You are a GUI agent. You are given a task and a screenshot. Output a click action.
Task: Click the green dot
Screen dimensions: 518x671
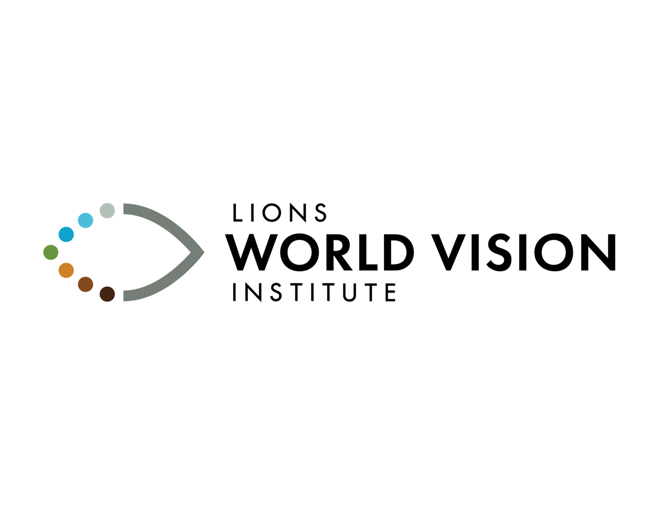click(51, 252)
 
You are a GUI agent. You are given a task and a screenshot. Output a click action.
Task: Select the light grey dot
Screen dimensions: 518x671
click(107, 210)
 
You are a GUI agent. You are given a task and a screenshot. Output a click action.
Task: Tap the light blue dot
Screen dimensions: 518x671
click(85, 220)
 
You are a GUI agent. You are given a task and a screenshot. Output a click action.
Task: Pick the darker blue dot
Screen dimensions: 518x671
click(66, 234)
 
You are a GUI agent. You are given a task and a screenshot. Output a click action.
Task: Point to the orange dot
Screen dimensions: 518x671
click(66, 270)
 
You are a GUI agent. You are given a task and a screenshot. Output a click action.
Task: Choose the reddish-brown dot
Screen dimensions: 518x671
click(85, 284)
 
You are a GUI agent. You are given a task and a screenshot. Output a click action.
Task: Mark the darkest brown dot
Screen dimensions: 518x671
click(107, 294)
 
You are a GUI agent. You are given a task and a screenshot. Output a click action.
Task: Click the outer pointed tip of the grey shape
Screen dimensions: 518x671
click(204, 252)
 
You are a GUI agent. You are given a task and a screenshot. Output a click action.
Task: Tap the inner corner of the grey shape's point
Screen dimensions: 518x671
click(190, 252)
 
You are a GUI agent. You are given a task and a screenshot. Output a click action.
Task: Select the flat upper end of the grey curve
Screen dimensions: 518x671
click(124, 209)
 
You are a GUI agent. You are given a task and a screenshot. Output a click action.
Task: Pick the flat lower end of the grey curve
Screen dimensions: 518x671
click(124, 295)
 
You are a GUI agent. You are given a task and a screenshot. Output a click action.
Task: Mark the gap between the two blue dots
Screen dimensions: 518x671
click(76, 227)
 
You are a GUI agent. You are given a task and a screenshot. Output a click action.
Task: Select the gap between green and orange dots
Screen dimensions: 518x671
click(58, 261)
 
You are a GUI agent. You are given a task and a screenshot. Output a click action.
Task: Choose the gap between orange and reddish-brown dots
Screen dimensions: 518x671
click(76, 277)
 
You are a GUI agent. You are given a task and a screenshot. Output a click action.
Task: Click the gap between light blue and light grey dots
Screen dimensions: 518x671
click(96, 216)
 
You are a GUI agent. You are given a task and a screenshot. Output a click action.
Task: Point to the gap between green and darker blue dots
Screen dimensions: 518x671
click(58, 244)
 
